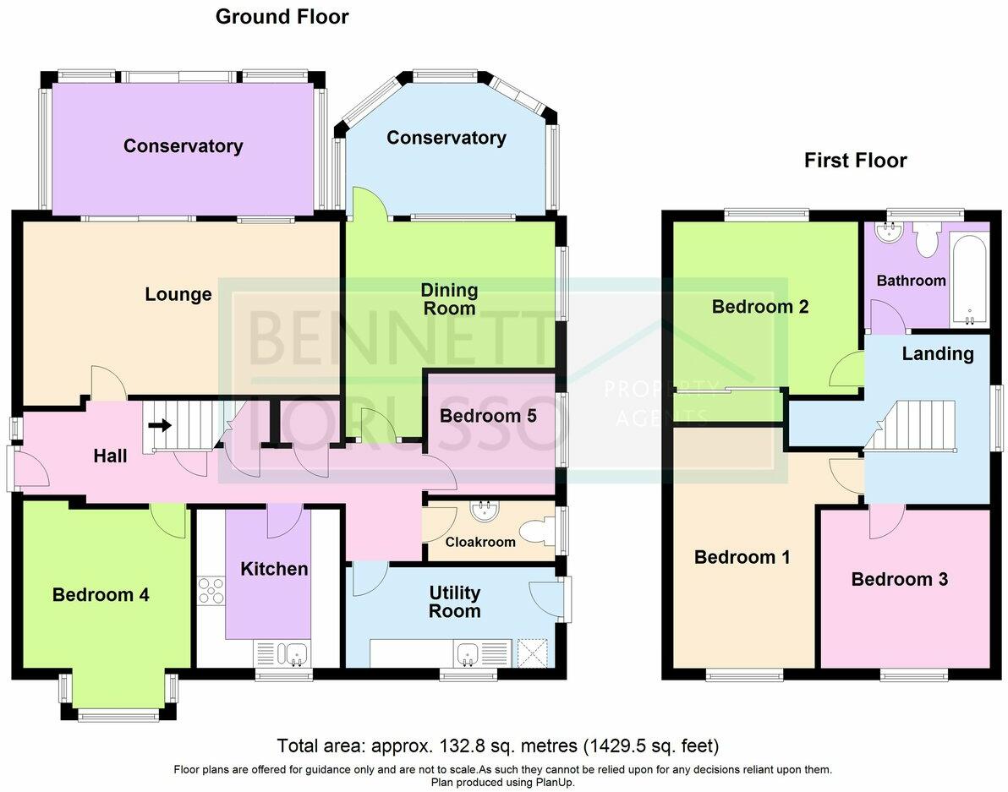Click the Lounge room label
pos(178,294)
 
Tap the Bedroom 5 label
pos(489,416)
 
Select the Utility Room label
pos(455,602)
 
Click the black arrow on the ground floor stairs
pos(159,426)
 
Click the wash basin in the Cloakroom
pos(485,511)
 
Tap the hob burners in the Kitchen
pos(211,589)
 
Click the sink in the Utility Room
pos(467,653)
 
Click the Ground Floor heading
pos(282,17)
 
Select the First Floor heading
pos(855,161)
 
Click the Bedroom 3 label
pos(899,579)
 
